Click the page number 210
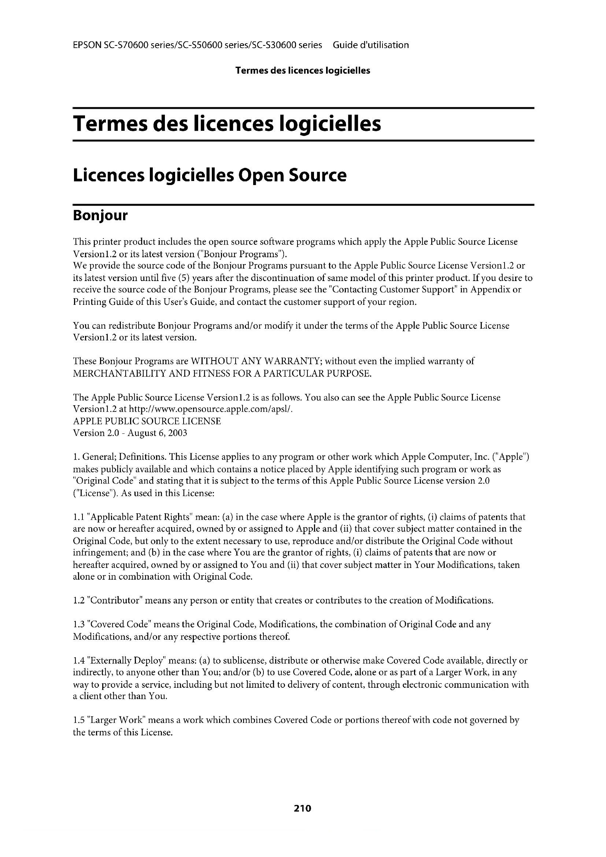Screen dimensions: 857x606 tap(302, 809)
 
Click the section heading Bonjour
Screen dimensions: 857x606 tap(100, 216)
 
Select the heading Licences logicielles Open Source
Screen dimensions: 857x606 tap(209, 176)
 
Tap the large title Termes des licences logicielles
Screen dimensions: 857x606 tap(227, 124)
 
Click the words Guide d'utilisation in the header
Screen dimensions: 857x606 tap(370, 45)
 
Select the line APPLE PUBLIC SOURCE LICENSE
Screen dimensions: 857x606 tap(147, 421)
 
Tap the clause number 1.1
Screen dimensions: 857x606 tap(78, 517)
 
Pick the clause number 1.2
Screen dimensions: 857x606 tap(78, 601)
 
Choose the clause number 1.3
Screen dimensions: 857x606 tap(78, 624)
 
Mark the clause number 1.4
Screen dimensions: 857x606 tap(78, 661)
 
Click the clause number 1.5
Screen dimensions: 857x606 tap(78, 720)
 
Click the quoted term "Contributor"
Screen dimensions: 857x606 tap(114, 601)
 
